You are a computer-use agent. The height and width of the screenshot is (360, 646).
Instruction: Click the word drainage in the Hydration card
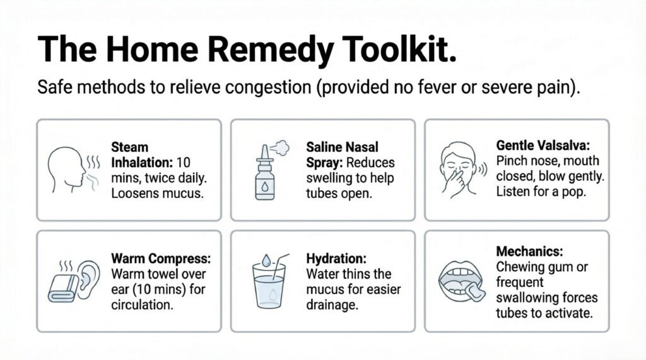point(332,305)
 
